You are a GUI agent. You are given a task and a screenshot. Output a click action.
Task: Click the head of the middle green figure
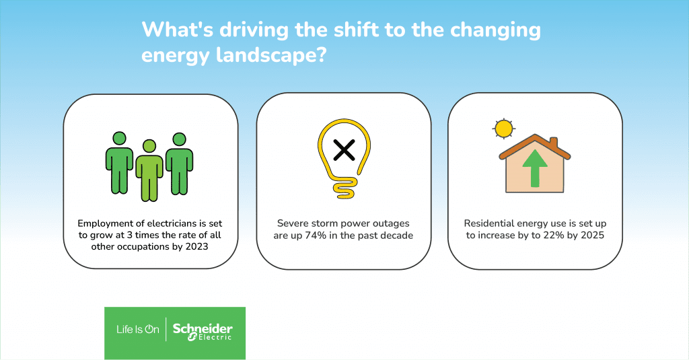tap(149, 146)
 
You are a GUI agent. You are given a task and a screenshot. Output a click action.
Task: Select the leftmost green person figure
tap(120, 163)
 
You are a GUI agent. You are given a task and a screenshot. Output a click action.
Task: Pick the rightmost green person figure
tap(179, 164)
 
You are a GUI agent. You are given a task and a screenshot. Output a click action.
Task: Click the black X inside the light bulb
tap(344, 150)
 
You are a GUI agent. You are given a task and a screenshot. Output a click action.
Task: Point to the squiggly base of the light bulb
tap(344, 189)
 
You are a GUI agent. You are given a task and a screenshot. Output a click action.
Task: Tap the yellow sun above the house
tap(503, 129)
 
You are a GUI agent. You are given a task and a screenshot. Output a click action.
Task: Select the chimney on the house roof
tap(554, 143)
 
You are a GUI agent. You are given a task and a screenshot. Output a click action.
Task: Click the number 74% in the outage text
tap(316, 236)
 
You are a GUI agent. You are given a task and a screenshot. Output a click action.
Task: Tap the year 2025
tap(592, 235)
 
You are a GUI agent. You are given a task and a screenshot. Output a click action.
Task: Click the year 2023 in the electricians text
tap(196, 246)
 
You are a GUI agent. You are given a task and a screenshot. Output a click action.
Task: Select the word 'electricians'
tap(174, 223)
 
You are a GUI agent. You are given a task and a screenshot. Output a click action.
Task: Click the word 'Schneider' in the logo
tap(203, 328)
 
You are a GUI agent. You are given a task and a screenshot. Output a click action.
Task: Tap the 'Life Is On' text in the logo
tap(137, 329)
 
